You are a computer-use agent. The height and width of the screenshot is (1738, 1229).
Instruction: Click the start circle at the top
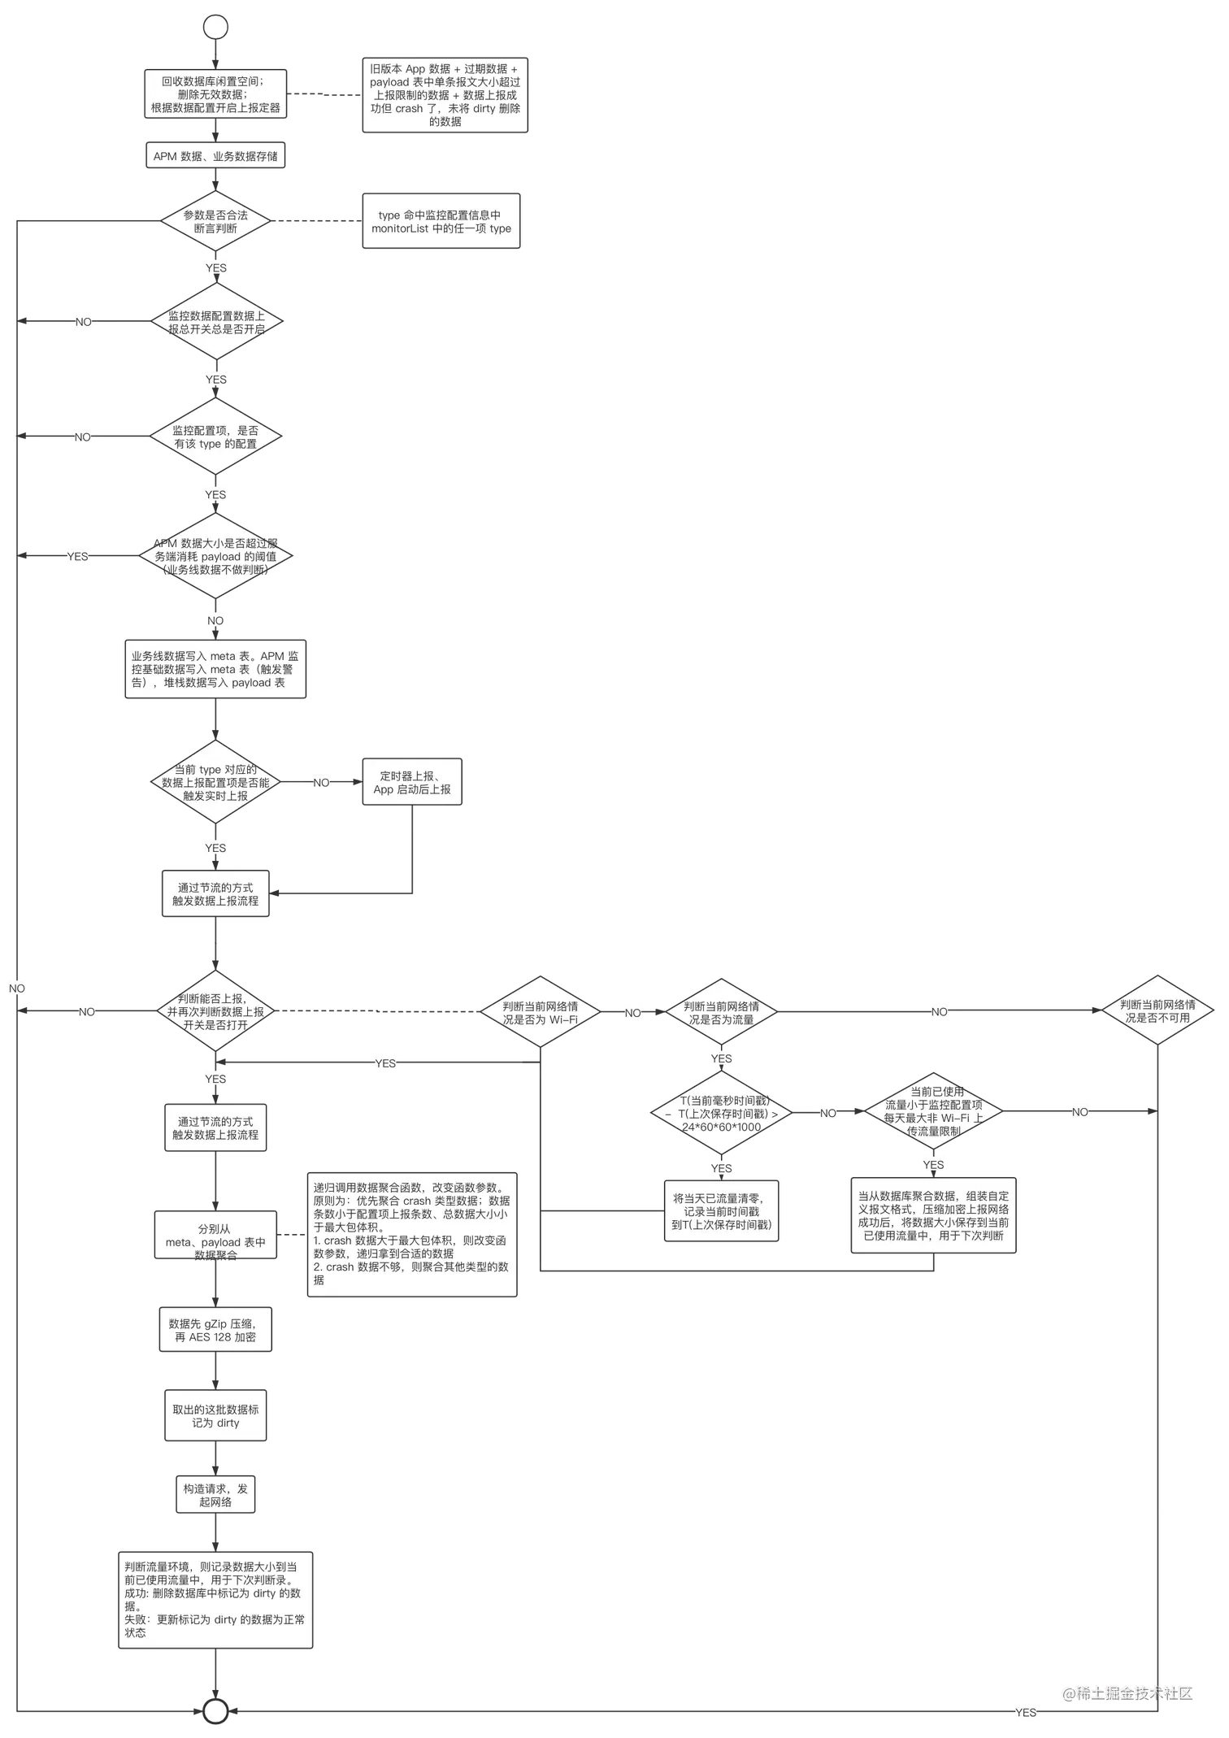215,27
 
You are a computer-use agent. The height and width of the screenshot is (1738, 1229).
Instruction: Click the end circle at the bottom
215,1711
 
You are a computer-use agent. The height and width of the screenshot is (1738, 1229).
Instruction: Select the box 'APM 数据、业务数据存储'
215,156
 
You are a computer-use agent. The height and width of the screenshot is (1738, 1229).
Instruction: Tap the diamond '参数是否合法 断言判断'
215,222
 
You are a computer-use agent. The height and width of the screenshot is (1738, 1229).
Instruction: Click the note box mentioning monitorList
441,222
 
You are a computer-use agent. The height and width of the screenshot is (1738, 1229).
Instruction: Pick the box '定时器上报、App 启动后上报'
411,783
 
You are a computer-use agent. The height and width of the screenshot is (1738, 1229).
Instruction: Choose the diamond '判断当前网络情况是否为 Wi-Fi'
540,1012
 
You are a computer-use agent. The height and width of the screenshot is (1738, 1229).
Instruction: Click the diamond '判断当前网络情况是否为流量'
721,1012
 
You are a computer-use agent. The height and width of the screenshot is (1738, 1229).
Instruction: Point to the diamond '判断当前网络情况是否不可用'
1157,1010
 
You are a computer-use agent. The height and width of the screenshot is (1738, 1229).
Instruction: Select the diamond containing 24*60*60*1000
721,1114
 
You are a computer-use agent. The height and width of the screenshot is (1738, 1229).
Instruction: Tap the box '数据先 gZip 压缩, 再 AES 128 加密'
215,1330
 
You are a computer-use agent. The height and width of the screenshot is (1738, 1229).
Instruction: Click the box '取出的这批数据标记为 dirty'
215,1416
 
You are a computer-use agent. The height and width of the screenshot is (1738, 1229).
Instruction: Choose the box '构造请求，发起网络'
215,1495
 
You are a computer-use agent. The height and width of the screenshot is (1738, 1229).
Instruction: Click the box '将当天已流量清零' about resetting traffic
721,1211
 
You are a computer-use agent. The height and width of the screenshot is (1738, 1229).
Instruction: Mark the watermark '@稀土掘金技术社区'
1126,1692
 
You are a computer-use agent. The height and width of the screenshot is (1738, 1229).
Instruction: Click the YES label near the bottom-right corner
1026,1713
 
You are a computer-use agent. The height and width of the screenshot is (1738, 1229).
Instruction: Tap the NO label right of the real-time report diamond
321,783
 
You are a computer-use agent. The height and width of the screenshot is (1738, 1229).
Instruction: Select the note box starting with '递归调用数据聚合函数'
411,1233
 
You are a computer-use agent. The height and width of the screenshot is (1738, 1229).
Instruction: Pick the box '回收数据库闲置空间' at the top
215,94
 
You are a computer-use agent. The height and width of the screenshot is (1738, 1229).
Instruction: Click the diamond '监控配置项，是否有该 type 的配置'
215,437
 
